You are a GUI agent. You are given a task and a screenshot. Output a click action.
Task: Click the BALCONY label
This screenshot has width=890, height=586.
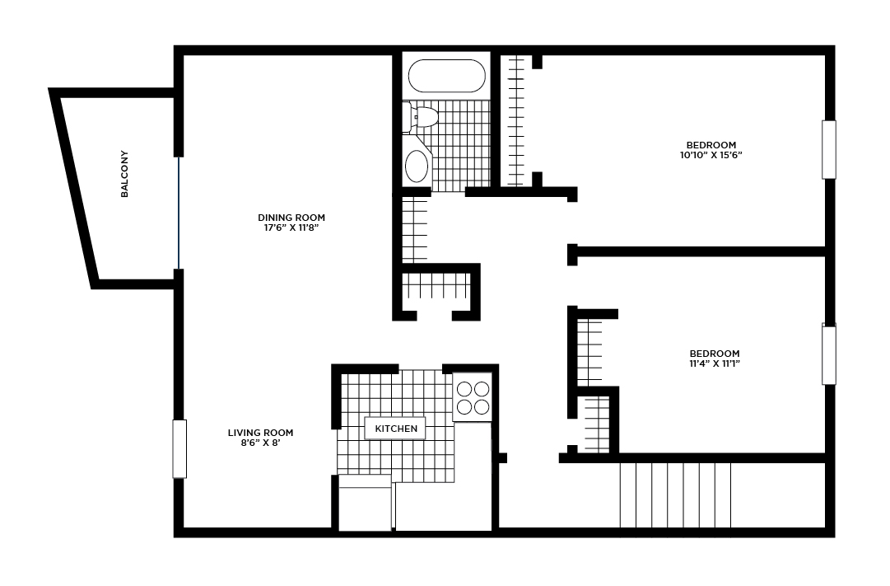point(125,174)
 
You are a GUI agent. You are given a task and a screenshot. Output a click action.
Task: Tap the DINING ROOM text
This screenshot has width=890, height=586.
point(291,218)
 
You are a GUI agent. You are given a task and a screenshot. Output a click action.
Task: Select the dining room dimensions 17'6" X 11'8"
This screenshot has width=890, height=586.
point(291,228)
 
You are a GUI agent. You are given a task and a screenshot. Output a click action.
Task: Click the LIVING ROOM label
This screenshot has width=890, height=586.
point(260,433)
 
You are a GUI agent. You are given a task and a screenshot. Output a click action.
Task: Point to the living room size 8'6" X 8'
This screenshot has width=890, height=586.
point(260,443)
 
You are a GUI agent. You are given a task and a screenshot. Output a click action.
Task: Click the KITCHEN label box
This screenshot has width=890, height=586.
point(396,429)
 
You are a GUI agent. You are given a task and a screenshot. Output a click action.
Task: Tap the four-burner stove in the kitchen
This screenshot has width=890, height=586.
point(473,398)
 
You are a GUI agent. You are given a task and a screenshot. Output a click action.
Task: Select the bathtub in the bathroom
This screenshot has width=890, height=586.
point(447,76)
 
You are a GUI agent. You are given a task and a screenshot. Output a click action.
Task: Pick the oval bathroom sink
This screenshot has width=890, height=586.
point(417,166)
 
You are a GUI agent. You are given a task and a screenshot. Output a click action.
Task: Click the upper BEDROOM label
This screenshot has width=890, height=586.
point(711,145)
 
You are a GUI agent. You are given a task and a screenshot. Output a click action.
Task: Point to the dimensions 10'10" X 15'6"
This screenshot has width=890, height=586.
point(711,155)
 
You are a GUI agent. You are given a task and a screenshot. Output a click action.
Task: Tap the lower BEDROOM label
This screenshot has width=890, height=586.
point(715,354)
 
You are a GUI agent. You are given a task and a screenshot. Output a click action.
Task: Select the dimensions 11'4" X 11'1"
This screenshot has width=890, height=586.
point(715,363)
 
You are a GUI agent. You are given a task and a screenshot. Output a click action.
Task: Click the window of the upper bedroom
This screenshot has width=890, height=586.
point(829,149)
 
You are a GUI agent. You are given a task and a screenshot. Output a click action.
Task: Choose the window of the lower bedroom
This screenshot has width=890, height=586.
point(829,354)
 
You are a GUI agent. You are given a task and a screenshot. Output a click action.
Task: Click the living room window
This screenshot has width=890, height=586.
point(179,449)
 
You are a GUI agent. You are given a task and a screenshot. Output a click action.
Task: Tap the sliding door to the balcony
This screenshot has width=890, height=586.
point(179,213)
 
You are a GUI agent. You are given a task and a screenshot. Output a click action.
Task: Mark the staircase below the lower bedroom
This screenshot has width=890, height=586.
point(675,495)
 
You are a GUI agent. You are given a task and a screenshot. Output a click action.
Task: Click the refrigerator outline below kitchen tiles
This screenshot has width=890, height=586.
point(365,503)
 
